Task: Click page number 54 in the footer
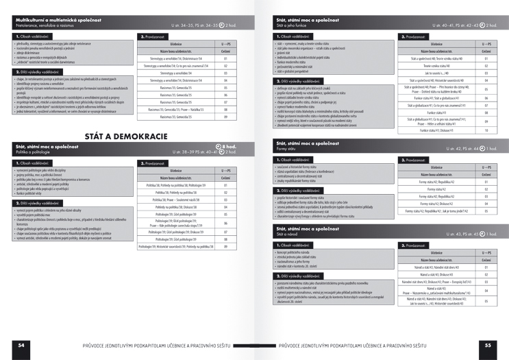point(23,344)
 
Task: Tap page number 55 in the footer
point(488,344)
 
